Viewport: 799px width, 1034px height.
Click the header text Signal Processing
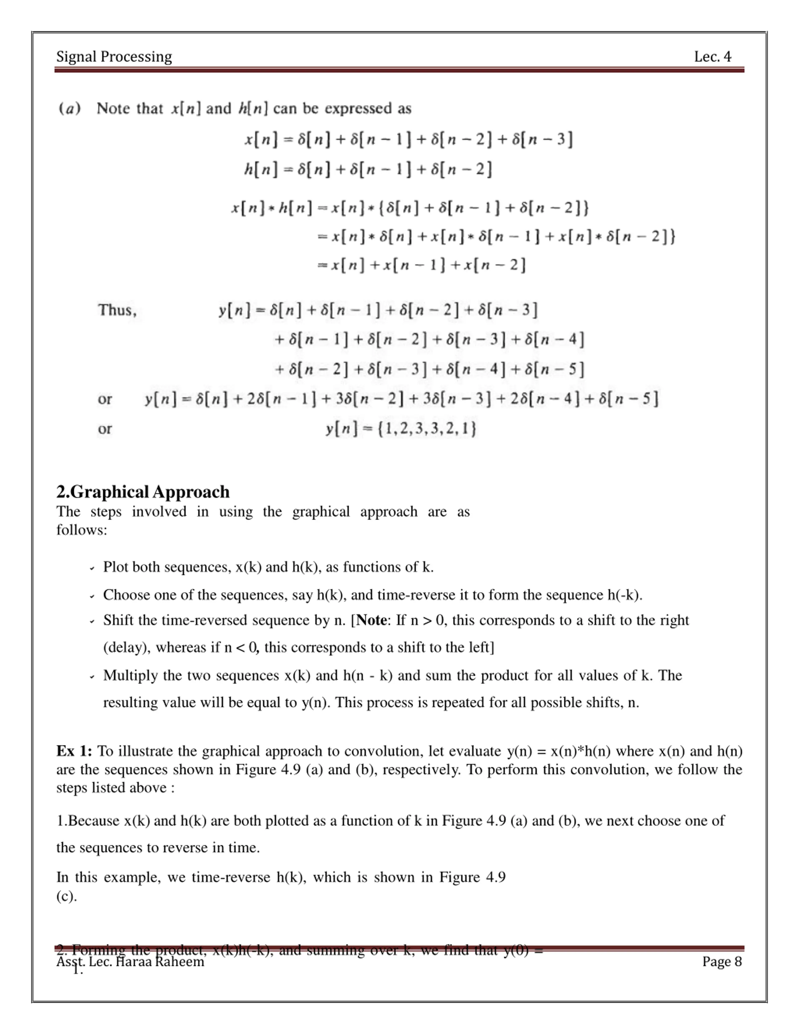tap(114, 57)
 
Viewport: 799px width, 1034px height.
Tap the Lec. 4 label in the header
tap(712, 57)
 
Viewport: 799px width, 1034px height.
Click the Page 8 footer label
tap(722, 962)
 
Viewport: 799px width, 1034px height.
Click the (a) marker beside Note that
tap(70, 108)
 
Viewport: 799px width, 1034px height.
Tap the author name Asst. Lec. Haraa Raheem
tap(130, 962)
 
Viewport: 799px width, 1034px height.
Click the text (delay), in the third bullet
tap(126, 647)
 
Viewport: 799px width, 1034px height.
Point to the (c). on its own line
tap(66, 896)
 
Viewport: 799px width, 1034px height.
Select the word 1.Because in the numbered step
tap(88, 821)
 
